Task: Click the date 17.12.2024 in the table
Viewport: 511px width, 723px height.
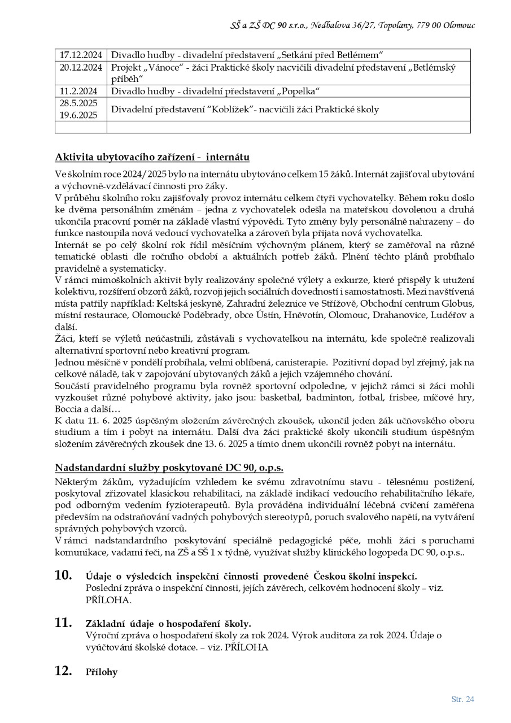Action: pyautogui.click(x=81, y=55)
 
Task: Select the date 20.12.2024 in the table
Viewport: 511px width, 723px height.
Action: pyautogui.click(x=81, y=67)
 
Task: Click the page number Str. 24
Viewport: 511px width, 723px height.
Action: pyautogui.click(x=462, y=699)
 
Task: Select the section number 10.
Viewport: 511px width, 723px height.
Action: pyautogui.click(x=63, y=575)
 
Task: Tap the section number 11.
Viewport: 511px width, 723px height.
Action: pyautogui.click(x=63, y=623)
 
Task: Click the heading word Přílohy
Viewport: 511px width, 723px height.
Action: pyautogui.click(x=102, y=672)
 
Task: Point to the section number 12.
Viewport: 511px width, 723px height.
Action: pyautogui.click(x=63, y=671)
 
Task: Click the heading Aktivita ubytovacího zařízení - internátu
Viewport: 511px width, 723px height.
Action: pyautogui.click(x=152, y=156)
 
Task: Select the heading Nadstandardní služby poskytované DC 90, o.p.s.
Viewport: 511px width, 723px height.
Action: pyautogui.click(x=169, y=468)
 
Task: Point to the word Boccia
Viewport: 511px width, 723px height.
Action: pyautogui.click(x=68, y=408)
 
